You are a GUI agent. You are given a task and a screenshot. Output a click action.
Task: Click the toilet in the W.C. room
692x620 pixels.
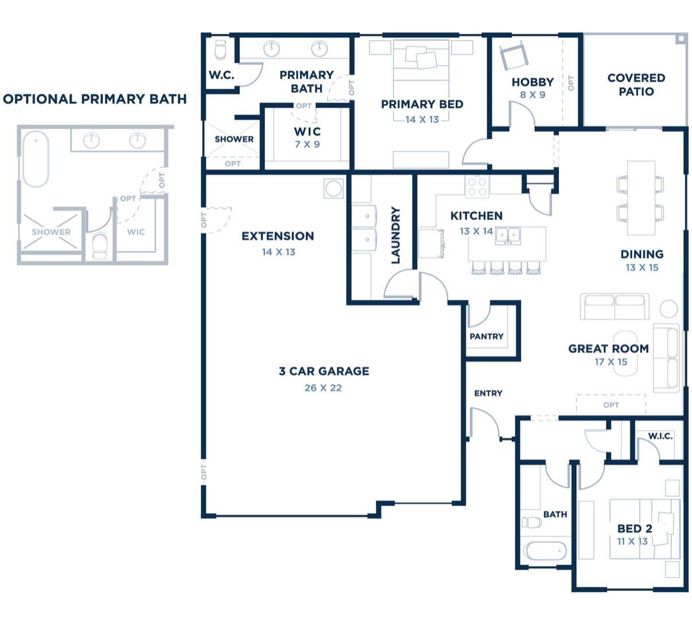point(220,50)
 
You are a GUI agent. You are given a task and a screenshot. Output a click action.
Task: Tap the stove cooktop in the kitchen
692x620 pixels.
point(477,187)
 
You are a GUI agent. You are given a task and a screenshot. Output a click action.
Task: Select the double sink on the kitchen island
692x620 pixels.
point(508,236)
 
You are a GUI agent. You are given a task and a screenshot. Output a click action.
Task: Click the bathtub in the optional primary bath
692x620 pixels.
point(36,159)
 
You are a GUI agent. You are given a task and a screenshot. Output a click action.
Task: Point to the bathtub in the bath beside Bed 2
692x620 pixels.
point(544,551)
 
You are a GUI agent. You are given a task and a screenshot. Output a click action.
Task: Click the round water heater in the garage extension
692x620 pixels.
point(333,188)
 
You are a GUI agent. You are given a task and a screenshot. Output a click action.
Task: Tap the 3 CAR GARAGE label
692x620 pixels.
point(324,371)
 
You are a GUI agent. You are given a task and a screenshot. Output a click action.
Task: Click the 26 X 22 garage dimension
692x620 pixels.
point(323,388)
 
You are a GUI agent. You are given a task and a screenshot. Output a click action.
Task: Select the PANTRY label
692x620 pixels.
point(487,336)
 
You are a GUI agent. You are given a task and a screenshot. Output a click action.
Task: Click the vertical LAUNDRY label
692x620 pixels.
point(395,235)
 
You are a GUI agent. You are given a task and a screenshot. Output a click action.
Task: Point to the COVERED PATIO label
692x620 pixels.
point(636,85)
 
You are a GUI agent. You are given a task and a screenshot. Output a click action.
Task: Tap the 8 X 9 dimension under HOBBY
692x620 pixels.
point(532,95)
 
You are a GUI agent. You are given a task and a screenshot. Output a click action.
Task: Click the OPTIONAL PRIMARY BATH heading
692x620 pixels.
point(95,99)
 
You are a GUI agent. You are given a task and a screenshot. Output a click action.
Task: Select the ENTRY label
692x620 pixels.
point(488,393)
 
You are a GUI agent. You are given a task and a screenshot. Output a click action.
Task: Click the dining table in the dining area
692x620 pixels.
point(641,198)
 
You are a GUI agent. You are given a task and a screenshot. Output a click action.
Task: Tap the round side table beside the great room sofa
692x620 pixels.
point(668,309)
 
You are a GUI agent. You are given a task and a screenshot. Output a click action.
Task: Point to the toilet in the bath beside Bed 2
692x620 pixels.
point(531,522)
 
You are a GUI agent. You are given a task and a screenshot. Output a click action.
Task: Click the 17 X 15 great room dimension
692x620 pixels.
point(611,362)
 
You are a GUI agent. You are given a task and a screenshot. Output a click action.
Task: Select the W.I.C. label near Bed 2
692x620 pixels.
point(660,436)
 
